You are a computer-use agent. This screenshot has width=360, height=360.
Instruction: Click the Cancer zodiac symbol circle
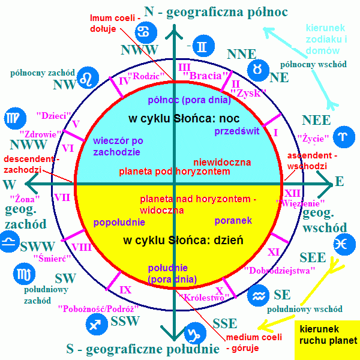(x=146, y=32)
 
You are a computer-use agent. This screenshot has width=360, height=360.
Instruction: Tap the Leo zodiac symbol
(x=88, y=78)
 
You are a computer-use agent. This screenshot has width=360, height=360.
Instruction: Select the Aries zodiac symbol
(x=344, y=137)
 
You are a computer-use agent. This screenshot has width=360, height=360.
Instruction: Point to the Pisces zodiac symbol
(x=344, y=244)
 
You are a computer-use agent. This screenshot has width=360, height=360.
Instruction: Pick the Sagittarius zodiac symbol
(x=97, y=324)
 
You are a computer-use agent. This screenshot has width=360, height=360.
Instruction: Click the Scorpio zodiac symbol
(x=24, y=274)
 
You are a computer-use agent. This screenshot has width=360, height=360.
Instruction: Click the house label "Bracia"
(x=205, y=76)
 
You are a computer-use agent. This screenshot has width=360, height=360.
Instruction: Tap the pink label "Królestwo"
(x=204, y=298)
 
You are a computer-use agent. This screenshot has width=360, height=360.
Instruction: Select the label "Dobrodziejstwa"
(x=280, y=271)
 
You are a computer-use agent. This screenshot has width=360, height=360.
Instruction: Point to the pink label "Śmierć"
(x=52, y=259)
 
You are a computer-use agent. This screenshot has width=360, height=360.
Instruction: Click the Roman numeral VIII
(x=82, y=247)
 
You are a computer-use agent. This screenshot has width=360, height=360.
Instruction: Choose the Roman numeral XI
(x=274, y=253)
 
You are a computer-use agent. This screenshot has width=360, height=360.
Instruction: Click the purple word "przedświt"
(x=237, y=131)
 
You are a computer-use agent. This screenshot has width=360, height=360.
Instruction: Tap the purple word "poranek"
(x=233, y=221)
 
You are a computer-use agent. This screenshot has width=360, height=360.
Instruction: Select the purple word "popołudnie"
(x=119, y=222)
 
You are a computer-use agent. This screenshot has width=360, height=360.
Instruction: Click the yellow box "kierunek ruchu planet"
(x=328, y=340)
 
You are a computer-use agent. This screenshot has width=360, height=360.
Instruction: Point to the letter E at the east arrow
(x=340, y=181)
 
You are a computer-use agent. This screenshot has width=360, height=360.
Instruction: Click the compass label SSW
(x=125, y=321)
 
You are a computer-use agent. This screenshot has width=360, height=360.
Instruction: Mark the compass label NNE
(x=242, y=54)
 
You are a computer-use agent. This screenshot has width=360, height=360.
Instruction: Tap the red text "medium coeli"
(x=254, y=337)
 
